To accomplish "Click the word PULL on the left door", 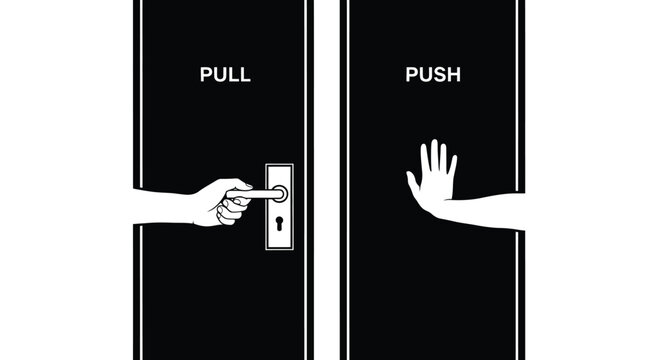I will [x=225, y=73].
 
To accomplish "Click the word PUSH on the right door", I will [x=432, y=73].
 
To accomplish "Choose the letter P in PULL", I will [x=205, y=73].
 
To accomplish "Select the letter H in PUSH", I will [x=453, y=73].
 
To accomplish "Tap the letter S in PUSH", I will [x=439, y=73].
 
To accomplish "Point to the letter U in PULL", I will [x=219, y=73].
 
